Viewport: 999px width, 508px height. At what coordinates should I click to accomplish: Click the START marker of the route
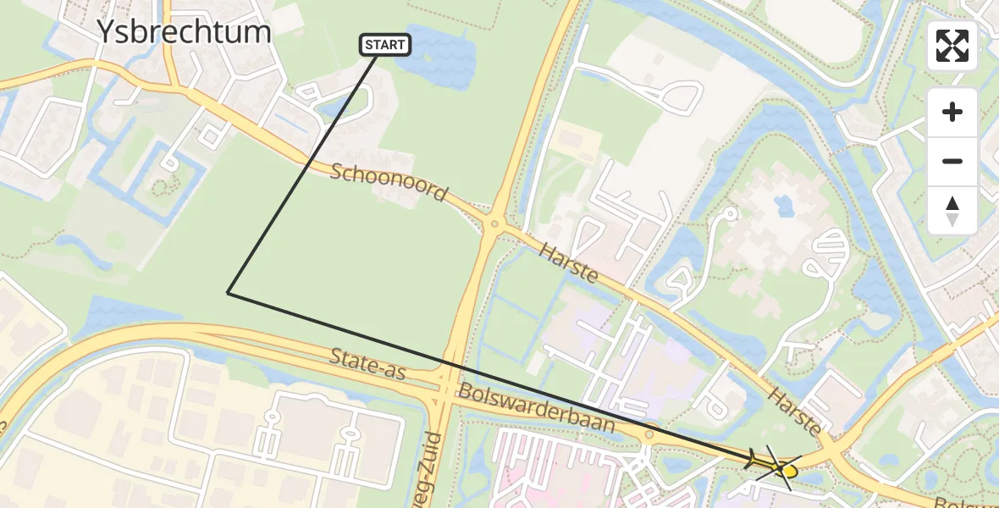pyautogui.click(x=386, y=45)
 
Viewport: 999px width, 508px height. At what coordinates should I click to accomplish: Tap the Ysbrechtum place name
pyautogui.click(x=184, y=32)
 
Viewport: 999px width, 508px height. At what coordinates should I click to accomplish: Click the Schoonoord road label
pyautogui.click(x=389, y=183)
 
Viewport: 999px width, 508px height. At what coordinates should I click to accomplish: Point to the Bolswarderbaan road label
pyautogui.click(x=537, y=408)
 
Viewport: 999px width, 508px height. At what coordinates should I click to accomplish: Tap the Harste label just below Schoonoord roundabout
pyautogui.click(x=569, y=261)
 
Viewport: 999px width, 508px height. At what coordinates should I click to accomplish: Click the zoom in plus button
pyautogui.click(x=952, y=112)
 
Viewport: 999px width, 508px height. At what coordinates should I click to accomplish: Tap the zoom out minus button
pyautogui.click(x=952, y=161)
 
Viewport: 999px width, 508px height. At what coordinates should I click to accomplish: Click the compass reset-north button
pyautogui.click(x=952, y=210)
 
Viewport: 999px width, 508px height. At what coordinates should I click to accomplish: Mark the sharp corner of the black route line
pyautogui.click(x=229, y=293)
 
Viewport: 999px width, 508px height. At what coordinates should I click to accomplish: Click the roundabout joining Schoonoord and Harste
pyautogui.click(x=493, y=224)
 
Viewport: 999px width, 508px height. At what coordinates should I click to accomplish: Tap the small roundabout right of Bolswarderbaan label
pyautogui.click(x=649, y=434)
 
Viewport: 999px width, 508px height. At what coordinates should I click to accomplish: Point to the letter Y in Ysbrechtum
pyautogui.click(x=106, y=32)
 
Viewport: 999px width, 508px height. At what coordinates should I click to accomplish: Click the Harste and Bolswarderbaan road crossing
pyautogui.click(x=834, y=449)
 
